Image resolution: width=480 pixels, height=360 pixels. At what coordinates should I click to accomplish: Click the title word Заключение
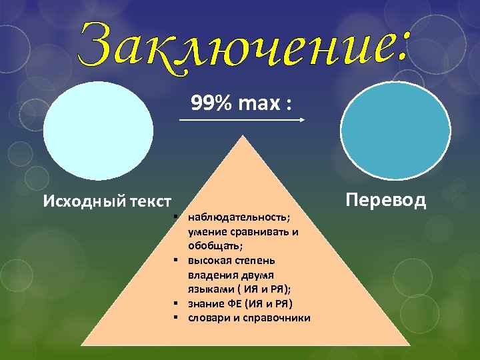[243, 43]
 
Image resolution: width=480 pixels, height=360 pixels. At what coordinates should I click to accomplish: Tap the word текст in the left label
[147, 201]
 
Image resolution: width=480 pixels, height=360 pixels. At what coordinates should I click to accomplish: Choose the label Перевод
[386, 200]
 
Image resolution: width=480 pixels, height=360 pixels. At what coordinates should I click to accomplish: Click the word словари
[208, 317]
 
